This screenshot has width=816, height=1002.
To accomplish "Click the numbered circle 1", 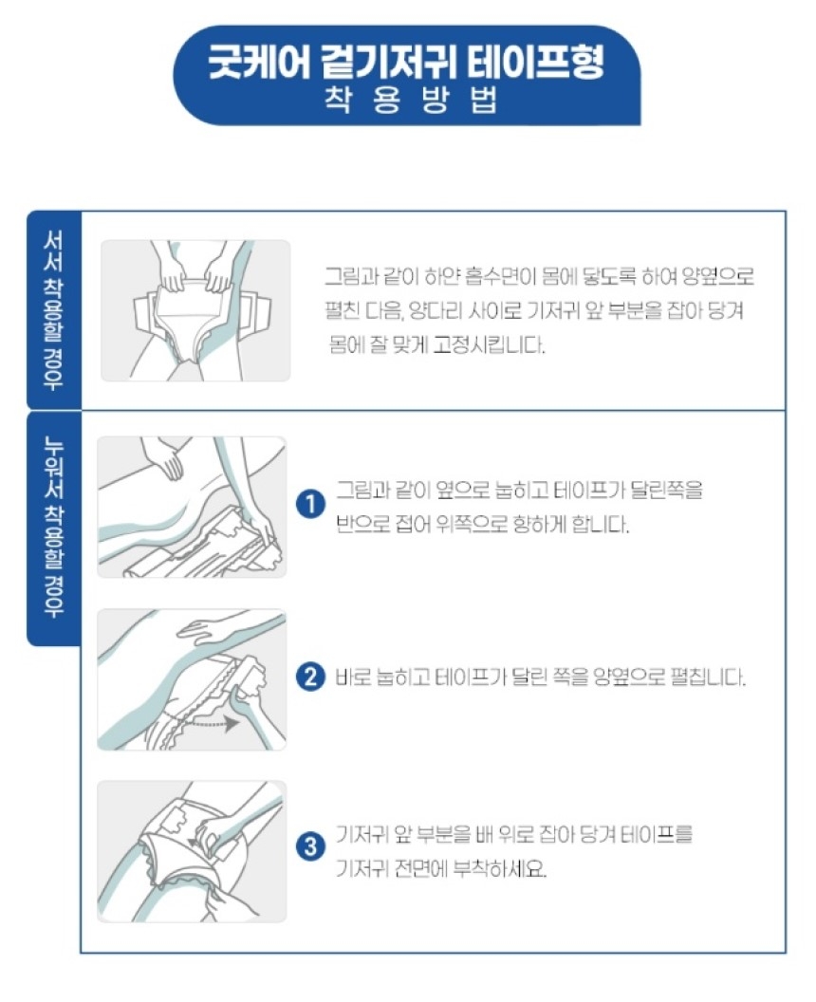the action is [x=310, y=505].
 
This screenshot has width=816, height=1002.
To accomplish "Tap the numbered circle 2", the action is [x=310, y=677].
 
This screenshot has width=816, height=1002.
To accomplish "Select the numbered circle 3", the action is [x=310, y=846].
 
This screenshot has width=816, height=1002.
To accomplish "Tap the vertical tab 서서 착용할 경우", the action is [x=54, y=310].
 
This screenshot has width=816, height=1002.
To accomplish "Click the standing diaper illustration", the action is [x=195, y=310].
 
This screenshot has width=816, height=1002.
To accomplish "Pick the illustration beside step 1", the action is [x=192, y=507].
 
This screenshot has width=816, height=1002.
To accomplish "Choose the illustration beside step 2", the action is [x=192, y=679].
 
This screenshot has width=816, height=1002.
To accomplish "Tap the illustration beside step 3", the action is [x=192, y=851].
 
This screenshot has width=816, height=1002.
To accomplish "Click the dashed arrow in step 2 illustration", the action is [x=209, y=723].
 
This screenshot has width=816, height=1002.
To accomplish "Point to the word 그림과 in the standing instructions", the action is [x=351, y=277].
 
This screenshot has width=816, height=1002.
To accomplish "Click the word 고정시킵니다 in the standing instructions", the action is [x=489, y=345].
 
